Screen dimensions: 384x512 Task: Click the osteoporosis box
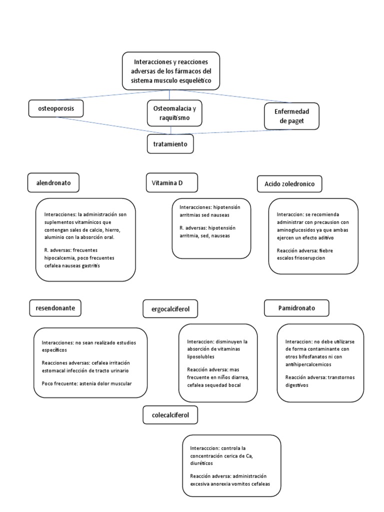56,108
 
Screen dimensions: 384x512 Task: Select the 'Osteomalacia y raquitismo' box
174,113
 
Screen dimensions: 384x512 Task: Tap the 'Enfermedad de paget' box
291,116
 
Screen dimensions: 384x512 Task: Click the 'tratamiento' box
170,143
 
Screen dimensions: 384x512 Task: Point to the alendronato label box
53,182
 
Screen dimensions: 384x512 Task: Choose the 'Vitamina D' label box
172,182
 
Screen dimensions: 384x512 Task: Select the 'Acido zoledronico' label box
289,184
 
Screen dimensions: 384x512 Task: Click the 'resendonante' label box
55,308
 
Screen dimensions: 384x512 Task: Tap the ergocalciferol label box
170,309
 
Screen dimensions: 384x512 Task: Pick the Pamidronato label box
296,308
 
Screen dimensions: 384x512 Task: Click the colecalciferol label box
170,415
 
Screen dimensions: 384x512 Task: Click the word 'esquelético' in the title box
195,80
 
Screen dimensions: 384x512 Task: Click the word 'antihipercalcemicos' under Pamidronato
308,364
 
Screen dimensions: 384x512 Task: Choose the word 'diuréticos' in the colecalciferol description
201,463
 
